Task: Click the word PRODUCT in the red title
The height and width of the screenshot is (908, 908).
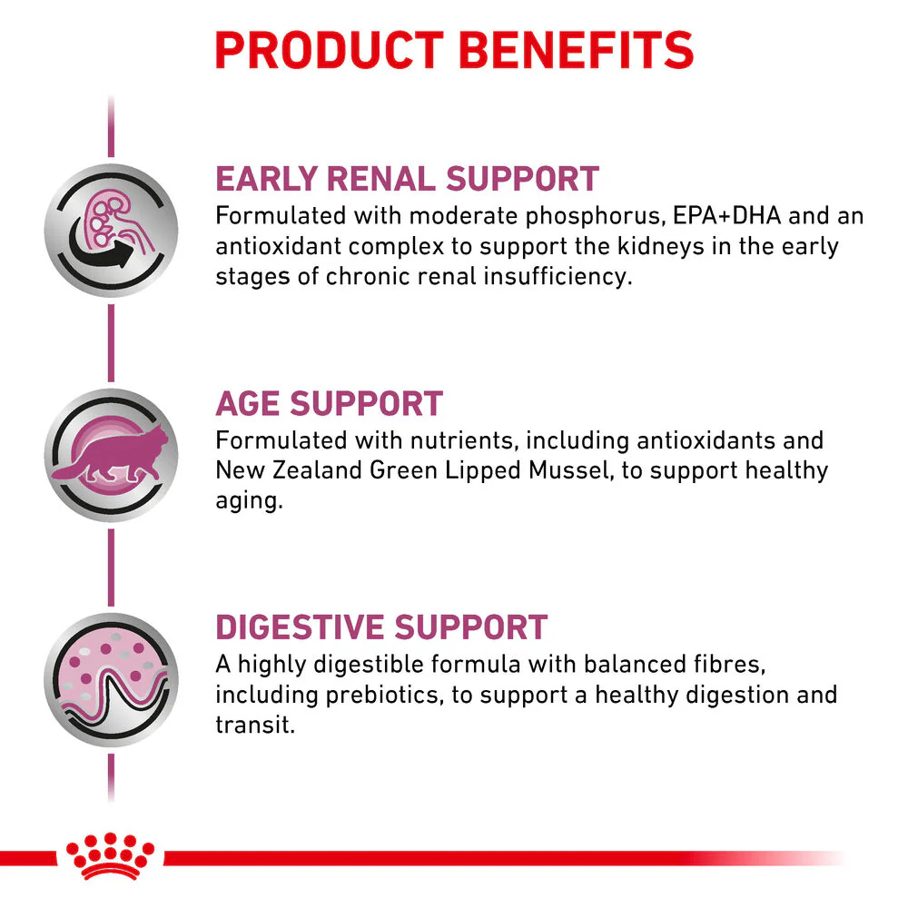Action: pos(329,50)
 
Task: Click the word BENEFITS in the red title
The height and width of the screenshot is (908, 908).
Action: pos(577,50)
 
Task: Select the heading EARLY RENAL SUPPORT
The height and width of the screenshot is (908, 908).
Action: pos(407,178)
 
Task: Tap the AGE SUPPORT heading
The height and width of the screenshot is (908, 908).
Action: pos(329,403)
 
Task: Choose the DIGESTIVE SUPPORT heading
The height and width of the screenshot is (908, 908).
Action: pos(381,627)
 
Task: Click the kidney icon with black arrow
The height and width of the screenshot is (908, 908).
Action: pos(111,231)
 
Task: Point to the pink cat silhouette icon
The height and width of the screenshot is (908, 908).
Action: pos(111,455)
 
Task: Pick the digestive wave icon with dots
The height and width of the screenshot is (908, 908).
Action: pos(111,680)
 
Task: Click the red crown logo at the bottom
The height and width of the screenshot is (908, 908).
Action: pos(110,856)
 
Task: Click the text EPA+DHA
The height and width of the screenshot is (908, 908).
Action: pos(726,215)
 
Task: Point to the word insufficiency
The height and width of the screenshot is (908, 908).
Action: pos(558,277)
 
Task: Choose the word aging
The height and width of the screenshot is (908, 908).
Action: pos(249,501)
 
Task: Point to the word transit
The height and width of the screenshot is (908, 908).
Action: pos(255,725)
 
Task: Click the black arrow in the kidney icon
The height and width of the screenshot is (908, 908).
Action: pos(102,248)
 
